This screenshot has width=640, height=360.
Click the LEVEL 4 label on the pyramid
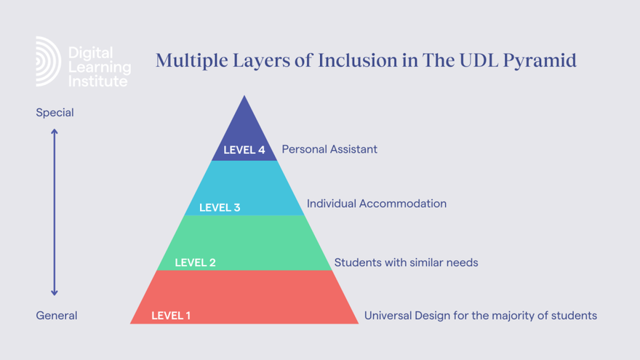(244, 150)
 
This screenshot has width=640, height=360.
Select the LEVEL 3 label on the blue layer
(220, 207)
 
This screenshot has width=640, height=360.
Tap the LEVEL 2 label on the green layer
(195, 263)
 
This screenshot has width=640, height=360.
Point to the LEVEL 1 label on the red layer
(171, 316)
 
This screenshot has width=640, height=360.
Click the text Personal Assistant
(329, 149)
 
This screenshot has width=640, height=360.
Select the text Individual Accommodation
(377, 204)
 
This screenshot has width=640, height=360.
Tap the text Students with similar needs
(406, 262)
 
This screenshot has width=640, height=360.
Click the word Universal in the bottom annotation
(388, 316)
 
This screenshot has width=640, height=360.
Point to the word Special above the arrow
(55, 113)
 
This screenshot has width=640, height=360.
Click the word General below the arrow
(57, 316)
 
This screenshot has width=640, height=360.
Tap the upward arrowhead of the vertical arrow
(55, 132)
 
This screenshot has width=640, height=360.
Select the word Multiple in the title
(188, 60)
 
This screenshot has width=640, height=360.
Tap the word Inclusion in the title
(353, 60)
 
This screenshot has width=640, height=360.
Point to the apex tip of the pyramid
(244, 97)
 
